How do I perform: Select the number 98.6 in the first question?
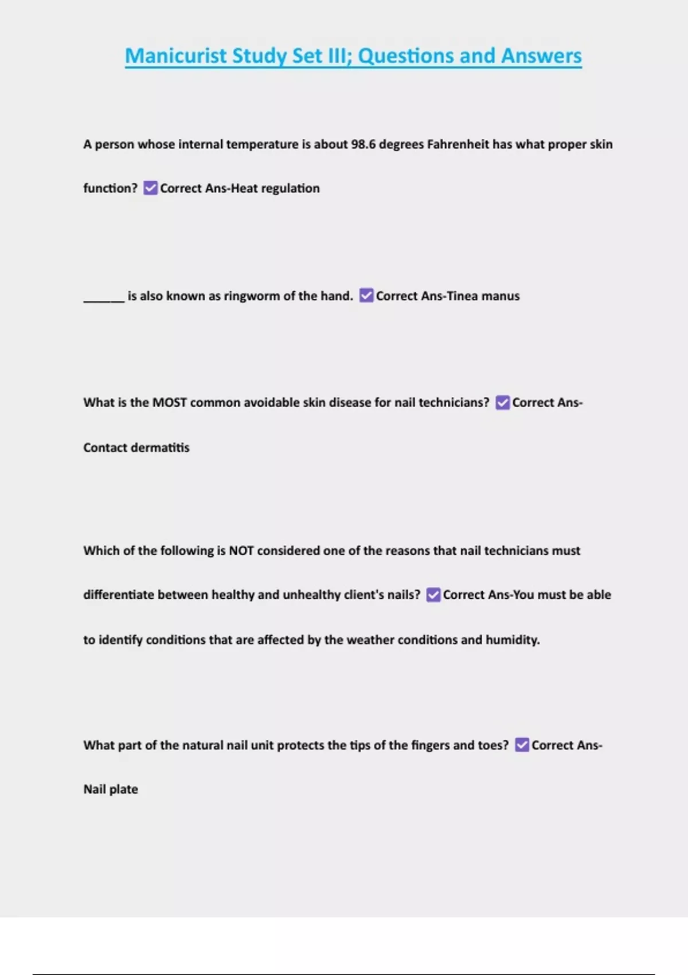point(363,144)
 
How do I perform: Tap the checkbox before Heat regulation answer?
point(150,188)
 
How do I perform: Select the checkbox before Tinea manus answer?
point(366,295)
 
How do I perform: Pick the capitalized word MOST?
point(170,403)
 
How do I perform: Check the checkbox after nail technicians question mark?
point(502,403)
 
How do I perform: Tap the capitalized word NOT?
point(241,551)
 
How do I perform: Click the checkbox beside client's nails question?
point(433,595)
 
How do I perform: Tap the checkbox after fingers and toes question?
point(522,745)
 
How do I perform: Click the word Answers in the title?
point(541,56)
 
